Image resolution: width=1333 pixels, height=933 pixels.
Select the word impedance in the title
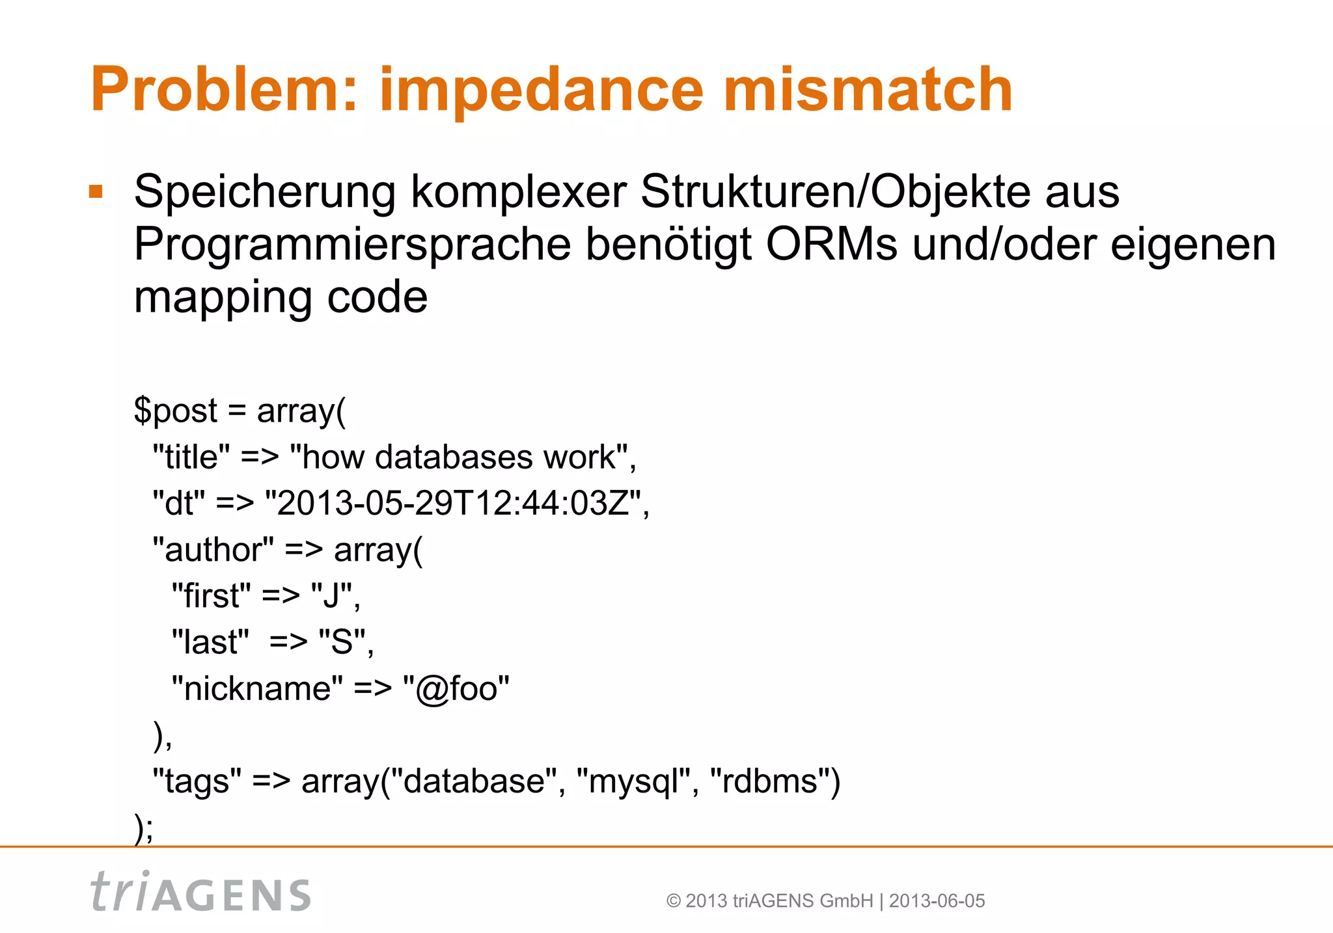[x=541, y=90]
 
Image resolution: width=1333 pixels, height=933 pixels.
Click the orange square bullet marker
[x=96, y=191]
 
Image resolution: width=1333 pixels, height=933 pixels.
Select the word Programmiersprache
[x=352, y=245]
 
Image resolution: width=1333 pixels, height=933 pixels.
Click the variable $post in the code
[x=176, y=411]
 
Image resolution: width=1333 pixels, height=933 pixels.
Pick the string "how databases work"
[x=463, y=457]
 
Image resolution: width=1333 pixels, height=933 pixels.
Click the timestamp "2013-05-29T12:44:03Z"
[x=456, y=503]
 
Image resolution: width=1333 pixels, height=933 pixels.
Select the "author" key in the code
[x=213, y=550]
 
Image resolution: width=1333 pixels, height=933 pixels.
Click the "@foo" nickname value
[x=456, y=688]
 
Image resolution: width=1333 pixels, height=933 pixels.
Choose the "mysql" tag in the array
[x=637, y=781]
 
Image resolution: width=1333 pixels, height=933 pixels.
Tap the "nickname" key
[x=256, y=688]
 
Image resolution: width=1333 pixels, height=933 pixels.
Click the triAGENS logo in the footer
[x=200, y=892]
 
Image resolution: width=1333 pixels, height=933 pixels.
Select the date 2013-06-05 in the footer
[x=937, y=901]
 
